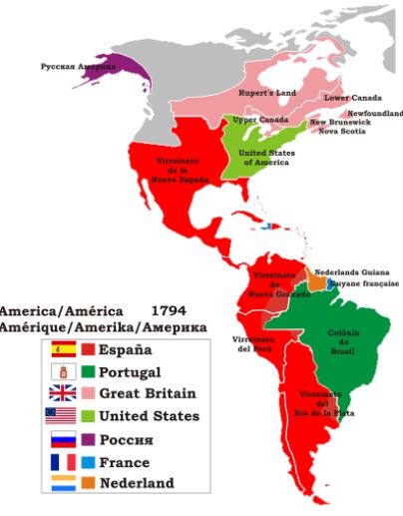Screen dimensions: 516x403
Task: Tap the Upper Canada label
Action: point(252,120)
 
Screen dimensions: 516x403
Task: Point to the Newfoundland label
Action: point(374,113)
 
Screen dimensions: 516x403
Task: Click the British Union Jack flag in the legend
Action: point(62,393)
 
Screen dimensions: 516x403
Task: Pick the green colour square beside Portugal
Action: point(89,371)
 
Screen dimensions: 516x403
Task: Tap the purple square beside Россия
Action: point(89,439)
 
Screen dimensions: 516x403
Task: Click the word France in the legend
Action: point(125,462)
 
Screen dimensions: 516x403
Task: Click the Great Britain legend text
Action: point(148,393)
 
